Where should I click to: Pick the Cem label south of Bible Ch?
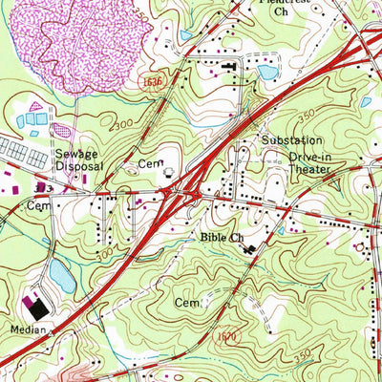(x=186, y=302)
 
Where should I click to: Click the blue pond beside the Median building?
(x=61, y=277)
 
